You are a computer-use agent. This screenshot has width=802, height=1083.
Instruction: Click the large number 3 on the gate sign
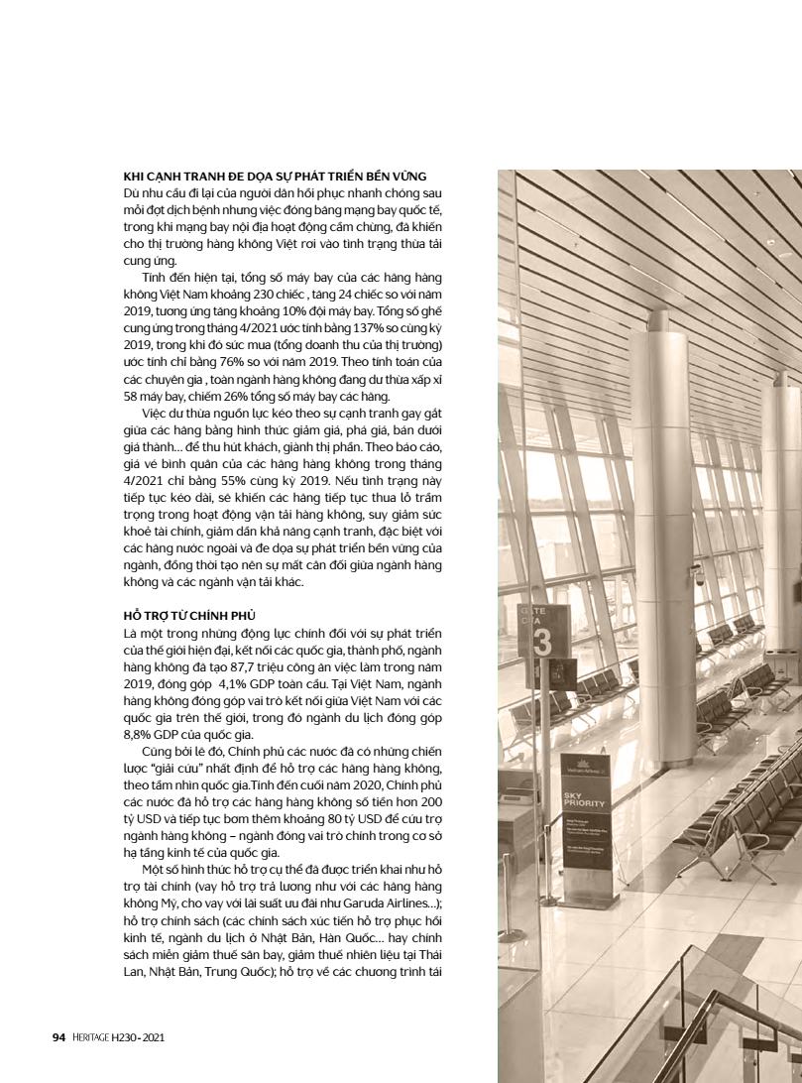[x=542, y=643]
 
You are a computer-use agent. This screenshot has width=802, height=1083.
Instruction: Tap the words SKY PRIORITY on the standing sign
[x=579, y=800]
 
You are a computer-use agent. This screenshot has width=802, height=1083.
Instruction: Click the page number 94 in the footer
[x=58, y=1037]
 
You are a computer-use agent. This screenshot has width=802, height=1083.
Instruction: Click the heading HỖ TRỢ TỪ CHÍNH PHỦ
[x=175, y=617]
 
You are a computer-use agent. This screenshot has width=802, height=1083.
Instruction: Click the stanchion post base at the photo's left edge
[x=545, y=898]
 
